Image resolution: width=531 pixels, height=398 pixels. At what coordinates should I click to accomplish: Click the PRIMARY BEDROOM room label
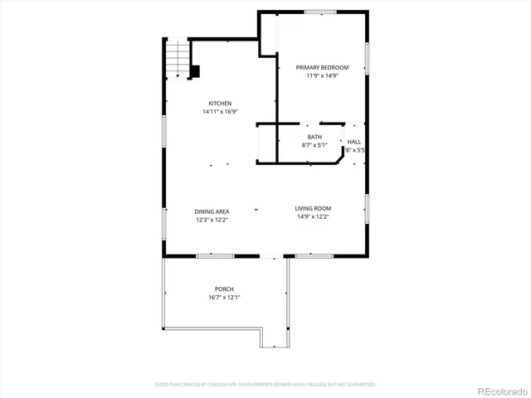[x=323, y=67]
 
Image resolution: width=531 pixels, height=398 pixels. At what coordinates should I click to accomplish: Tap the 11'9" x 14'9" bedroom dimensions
[x=323, y=75]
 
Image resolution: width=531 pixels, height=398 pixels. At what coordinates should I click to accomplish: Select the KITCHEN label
[x=208, y=104]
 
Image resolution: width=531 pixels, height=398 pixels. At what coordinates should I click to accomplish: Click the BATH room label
[x=314, y=137]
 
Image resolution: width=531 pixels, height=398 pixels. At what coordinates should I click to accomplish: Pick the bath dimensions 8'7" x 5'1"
[x=314, y=145]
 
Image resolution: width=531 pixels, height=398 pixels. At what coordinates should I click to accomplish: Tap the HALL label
[x=354, y=142]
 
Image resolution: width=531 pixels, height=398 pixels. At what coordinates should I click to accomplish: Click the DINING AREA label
[x=212, y=211]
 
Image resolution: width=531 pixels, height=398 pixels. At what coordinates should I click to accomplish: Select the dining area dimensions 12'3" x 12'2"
[x=212, y=219]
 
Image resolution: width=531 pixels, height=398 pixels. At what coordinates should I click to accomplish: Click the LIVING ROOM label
[x=313, y=208]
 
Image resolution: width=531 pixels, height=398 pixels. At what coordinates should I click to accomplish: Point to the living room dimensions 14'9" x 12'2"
[x=313, y=216]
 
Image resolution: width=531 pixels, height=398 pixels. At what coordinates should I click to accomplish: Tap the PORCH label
[x=224, y=289]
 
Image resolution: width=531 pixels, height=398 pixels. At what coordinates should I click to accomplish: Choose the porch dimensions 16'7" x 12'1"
[x=224, y=297]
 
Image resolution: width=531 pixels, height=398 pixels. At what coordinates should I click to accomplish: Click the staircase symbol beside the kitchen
[x=178, y=60]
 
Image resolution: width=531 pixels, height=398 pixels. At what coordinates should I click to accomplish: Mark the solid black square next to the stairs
[x=195, y=71]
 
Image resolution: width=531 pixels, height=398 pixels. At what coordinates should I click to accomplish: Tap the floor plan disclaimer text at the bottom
[x=265, y=385]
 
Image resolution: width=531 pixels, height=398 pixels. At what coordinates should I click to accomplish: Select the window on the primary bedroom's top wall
[x=320, y=12]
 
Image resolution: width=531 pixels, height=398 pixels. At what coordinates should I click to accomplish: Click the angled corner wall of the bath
[x=340, y=156]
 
